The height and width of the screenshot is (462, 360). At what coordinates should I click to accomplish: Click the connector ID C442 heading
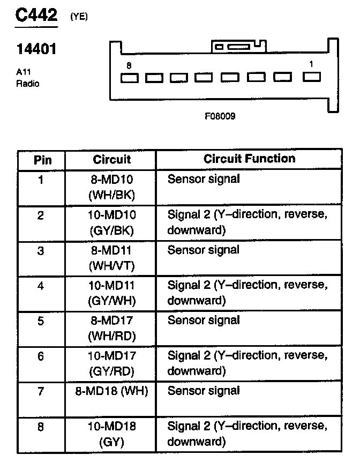click(x=36, y=14)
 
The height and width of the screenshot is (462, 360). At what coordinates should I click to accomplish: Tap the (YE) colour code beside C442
click(x=78, y=17)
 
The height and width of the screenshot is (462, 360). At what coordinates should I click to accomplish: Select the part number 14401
click(x=36, y=50)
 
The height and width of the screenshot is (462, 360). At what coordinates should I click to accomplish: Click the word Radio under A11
click(x=27, y=84)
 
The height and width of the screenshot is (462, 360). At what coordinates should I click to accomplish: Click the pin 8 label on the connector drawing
click(x=129, y=65)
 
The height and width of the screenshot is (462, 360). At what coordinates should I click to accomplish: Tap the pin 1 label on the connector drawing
click(x=311, y=64)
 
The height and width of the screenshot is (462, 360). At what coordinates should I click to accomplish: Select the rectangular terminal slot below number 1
click(x=312, y=77)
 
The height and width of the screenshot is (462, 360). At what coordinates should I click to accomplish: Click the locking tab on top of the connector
click(x=238, y=47)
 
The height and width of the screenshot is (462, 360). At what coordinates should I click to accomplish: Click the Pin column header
click(x=42, y=160)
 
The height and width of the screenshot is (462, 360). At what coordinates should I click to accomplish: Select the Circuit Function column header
click(x=249, y=159)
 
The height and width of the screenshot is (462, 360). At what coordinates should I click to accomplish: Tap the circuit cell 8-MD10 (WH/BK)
click(x=111, y=187)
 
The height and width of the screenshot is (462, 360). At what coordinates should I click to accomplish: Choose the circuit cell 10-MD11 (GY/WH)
click(x=111, y=293)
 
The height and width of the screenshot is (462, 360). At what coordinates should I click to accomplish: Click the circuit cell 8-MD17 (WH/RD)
click(x=111, y=329)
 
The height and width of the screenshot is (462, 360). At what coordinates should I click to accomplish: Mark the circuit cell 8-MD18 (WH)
click(x=111, y=391)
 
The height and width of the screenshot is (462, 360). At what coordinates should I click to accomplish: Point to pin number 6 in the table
click(x=41, y=356)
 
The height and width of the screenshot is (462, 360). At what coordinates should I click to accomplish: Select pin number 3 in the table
click(x=41, y=251)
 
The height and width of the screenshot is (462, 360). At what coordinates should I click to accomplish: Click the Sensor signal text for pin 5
click(x=204, y=321)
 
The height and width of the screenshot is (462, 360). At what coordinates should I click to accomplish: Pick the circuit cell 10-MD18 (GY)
click(x=111, y=435)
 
